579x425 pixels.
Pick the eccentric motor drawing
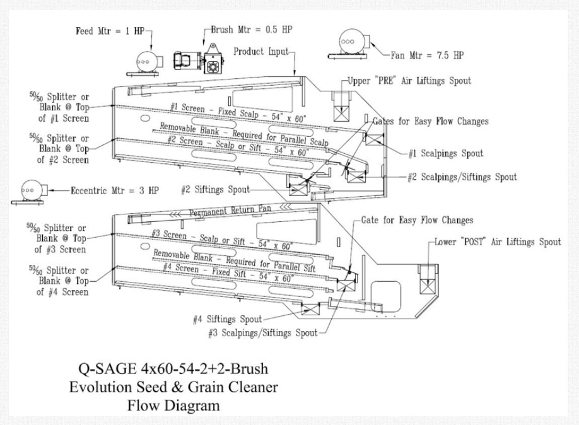pyautogui.click(x=29, y=189)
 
